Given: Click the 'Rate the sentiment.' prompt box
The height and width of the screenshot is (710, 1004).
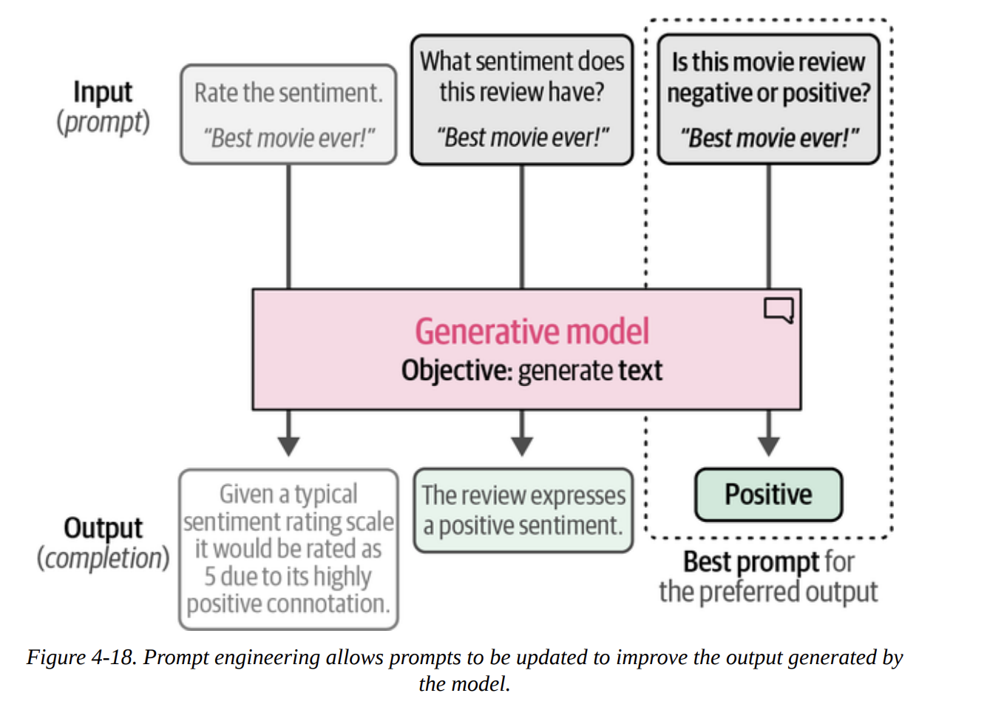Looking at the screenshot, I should point(288,115).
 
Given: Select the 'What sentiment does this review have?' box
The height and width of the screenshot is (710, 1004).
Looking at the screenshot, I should point(522,100).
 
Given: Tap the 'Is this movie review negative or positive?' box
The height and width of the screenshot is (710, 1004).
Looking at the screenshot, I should point(768,100).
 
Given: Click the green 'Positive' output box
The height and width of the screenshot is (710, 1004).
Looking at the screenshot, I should point(768,494).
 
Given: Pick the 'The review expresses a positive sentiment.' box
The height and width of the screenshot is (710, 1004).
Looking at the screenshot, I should point(523,510).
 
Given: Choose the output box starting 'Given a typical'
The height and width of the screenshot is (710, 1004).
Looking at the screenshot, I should point(288,549).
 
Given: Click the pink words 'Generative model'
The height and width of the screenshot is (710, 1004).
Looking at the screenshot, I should point(532,331).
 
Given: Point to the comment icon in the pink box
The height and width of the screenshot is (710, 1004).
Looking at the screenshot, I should point(779,309).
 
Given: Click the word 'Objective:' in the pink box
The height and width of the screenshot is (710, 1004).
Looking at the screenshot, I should point(456,371).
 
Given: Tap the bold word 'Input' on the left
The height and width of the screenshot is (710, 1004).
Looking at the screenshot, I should point(103,92).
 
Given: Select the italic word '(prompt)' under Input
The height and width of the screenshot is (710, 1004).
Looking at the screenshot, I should point(103,122).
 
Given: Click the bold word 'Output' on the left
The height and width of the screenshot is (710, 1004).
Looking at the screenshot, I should point(103,528).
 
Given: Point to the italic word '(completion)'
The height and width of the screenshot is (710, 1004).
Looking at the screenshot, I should point(103,558).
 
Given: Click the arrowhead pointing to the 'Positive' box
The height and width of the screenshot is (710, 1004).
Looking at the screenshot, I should point(769,445).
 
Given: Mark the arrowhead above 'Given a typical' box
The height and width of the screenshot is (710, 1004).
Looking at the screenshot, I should point(288,445).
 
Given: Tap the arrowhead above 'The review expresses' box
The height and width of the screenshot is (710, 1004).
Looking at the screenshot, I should point(522,445).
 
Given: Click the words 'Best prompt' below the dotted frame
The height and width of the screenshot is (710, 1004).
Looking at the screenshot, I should point(750,562).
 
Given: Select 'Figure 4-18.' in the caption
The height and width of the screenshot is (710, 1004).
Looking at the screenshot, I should point(81,657).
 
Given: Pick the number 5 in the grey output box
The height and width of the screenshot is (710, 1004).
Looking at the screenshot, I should point(210,576).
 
